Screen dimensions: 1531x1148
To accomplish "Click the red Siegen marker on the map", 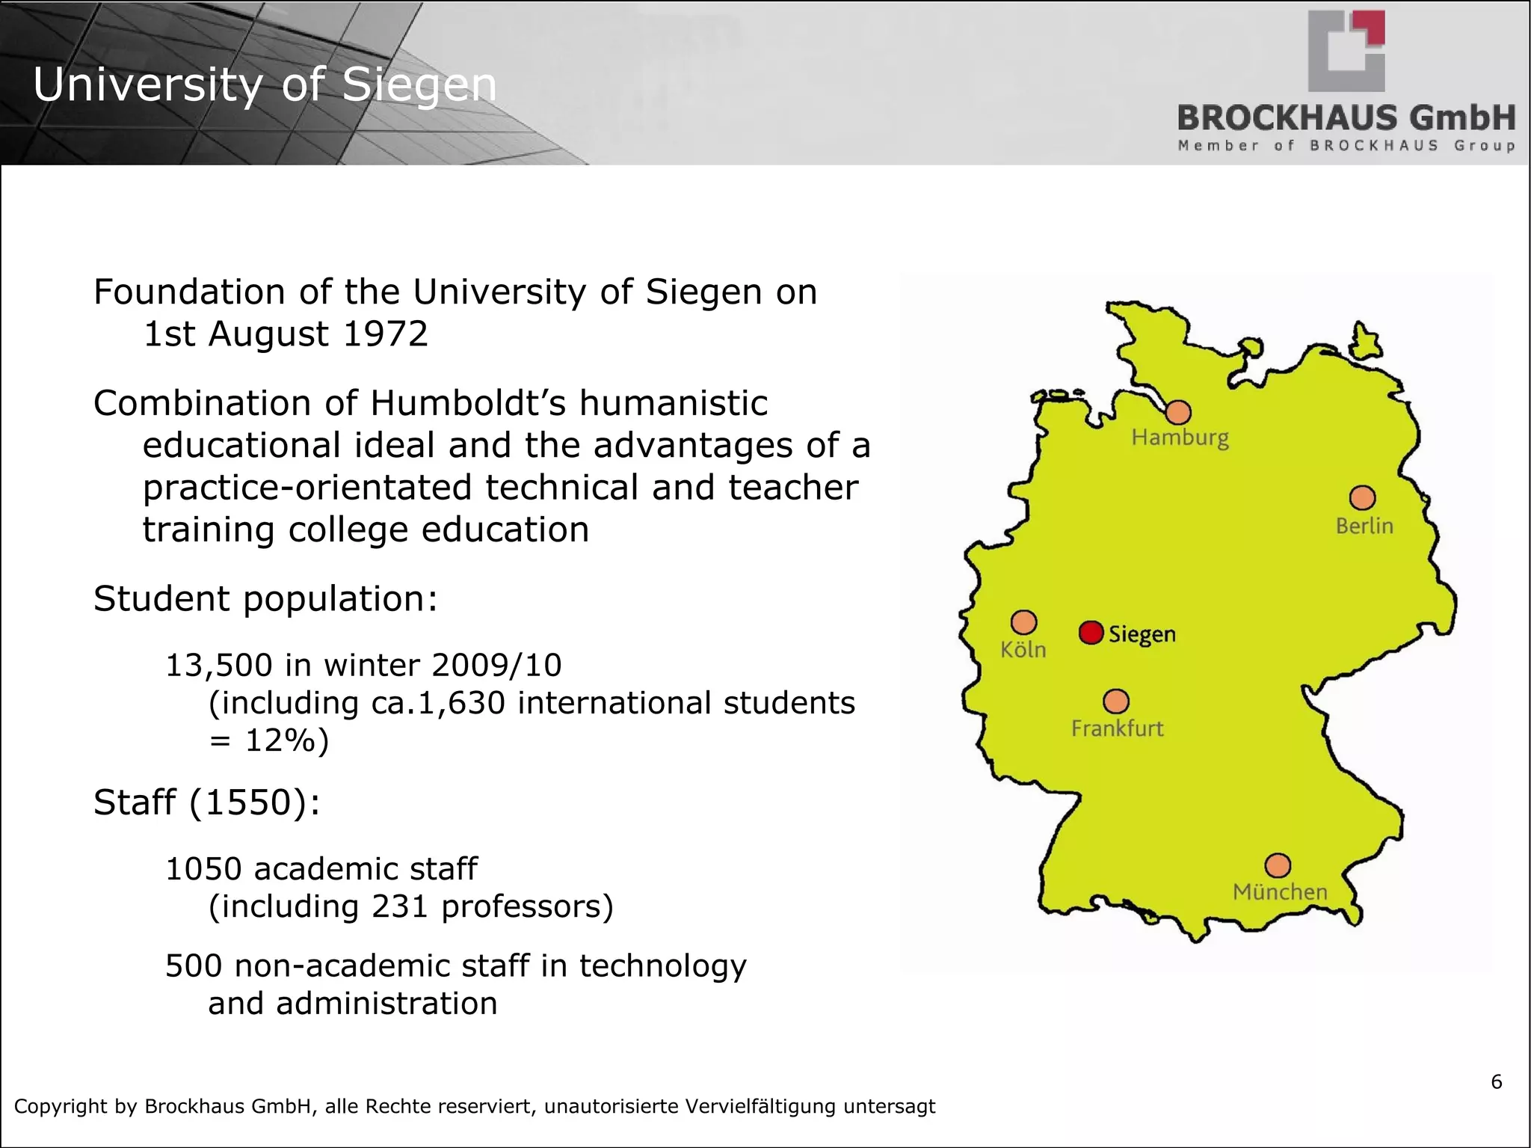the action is [1091, 633].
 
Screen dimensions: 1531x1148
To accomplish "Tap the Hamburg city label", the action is [1180, 438].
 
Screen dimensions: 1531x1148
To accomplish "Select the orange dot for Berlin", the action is [1362, 497].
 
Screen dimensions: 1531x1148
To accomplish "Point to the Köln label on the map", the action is [1023, 649].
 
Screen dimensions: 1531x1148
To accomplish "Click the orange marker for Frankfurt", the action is [1116, 702].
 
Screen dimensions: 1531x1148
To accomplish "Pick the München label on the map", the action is [1280, 891].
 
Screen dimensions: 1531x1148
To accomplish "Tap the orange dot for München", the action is [1278, 865].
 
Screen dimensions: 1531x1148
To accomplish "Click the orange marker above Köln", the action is [1023, 621].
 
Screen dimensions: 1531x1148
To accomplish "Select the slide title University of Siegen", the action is [265, 85].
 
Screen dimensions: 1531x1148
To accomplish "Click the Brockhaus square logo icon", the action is [1346, 51].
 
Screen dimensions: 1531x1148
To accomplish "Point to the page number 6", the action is [1496, 1082].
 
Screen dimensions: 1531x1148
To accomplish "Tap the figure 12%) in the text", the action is [286, 740].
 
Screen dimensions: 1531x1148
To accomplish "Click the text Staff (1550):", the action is [207, 802].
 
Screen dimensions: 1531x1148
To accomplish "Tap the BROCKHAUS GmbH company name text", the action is [1346, 118].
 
